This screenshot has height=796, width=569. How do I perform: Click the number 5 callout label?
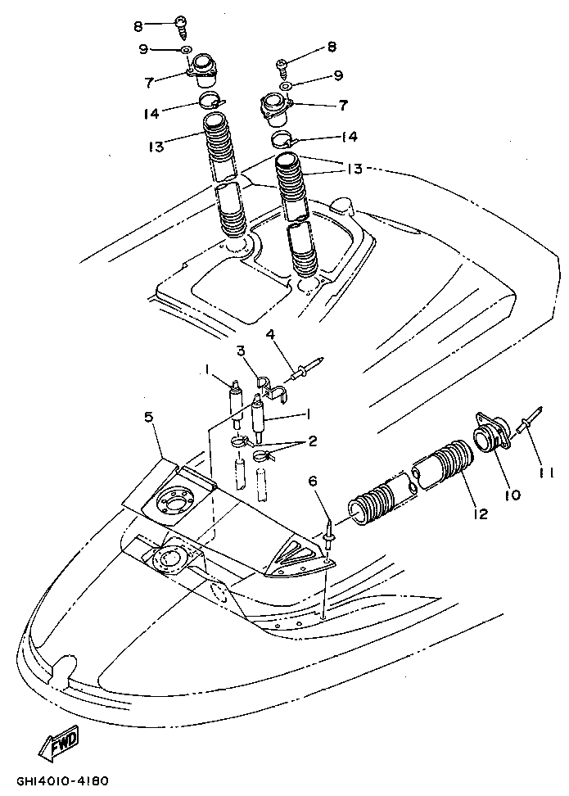coord(148,418)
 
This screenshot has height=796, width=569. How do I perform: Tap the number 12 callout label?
coord(481,514)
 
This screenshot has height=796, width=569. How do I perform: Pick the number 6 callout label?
coord(312,482)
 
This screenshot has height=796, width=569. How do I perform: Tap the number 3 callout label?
coord(242,351)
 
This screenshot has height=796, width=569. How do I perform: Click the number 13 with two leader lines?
coord(354,170)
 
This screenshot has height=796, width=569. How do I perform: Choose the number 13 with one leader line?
coord(156,147)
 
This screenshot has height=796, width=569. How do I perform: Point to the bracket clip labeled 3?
coord(273,390)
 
